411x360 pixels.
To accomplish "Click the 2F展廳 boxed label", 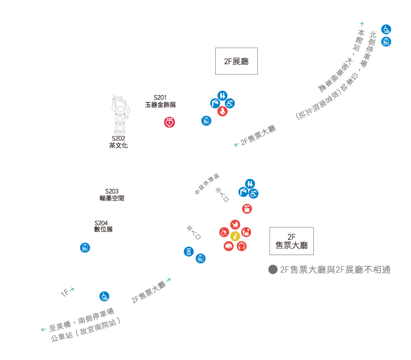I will pos(236,61).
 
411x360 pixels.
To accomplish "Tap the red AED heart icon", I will pos(170,122).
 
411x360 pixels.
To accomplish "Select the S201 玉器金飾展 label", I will pos(160,101).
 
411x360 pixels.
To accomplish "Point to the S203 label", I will pos(111,194).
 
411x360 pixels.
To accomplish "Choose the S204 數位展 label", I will pos(103,226).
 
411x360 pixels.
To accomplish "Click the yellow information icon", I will pos(235,236).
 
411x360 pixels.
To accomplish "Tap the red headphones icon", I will pos(241,246).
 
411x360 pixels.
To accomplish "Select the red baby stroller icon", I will pos(235,225).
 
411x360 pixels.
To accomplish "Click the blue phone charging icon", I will pos(189,251).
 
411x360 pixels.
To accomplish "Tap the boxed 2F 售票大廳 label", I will pos(291,241).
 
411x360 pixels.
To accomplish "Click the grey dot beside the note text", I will pos(272,269).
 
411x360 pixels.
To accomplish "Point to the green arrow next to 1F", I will pos(72,290).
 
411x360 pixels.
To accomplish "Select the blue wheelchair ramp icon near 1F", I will pos(104,296).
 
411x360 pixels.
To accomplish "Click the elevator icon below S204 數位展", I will pos(85,247).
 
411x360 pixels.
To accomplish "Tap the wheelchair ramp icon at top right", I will pos(386,29).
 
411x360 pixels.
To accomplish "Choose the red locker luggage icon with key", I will pos(247,208).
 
